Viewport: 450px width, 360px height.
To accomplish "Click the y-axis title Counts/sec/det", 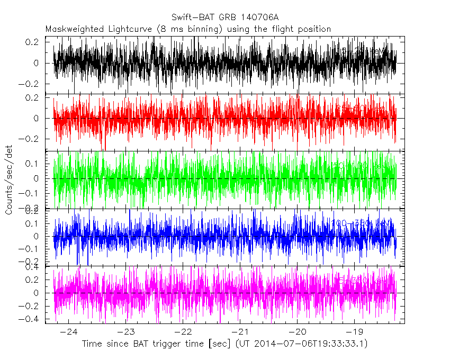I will click(x=8, y=180).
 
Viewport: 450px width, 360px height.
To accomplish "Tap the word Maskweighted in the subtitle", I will click(x=70, y=29).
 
